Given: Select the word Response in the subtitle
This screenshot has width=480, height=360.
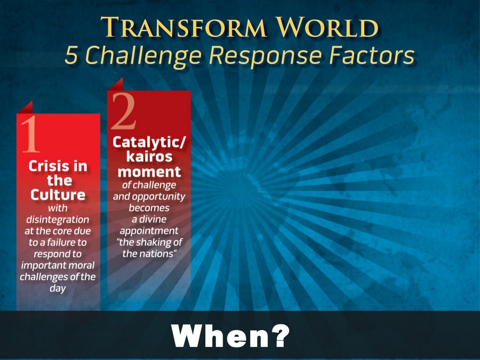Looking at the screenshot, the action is [x=266, y=57].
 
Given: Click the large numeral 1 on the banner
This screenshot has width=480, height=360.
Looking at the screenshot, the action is [x=30, y=134].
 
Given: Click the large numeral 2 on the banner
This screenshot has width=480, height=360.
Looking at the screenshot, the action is [x=123, y=111].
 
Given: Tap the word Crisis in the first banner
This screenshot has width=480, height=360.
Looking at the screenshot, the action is [x=46, y=166].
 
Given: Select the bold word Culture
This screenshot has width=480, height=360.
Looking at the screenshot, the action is [x=58, y=195].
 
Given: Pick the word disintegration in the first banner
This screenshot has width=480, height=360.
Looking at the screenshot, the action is [x=58, y=219].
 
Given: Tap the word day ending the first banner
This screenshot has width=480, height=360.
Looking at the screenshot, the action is [x=58, y=288].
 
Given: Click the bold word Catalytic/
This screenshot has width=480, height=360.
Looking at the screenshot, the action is [x=149, y=142].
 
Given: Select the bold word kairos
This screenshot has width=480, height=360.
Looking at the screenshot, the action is [x=149, y=157].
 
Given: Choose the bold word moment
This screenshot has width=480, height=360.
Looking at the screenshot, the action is [x=149, y=172].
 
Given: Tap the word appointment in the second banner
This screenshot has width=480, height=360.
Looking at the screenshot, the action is [x=149, y=231].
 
